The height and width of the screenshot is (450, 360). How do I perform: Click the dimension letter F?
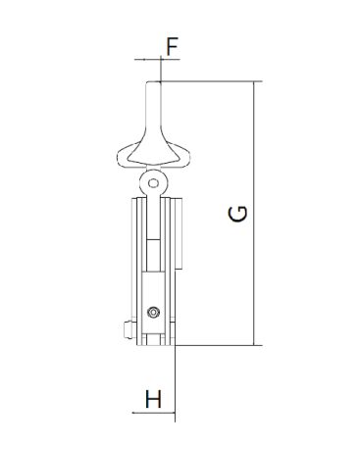[x=172, y=47]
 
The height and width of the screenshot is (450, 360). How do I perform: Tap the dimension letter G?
[x=237, y=214]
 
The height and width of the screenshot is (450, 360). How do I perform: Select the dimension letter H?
[x=153, y=399]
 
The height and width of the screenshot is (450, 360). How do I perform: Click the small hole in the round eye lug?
[x=153, y=183]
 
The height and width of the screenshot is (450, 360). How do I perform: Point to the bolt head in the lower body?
[x=153, y=313]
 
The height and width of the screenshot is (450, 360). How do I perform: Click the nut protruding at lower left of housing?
[x=129, y=329]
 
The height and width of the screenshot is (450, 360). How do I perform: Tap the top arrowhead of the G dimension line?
[x=254, y=84]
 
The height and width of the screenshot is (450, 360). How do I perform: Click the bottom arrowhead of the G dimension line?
[x=254, y=341]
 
